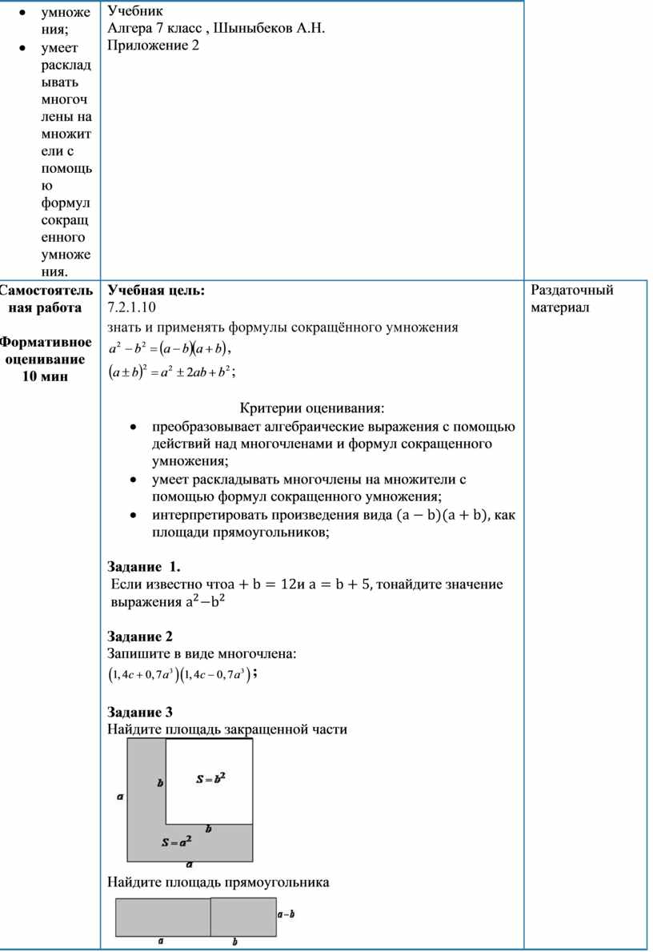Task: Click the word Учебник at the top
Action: (134, 11)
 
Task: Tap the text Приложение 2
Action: (153, 46)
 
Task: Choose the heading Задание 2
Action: (140, 637)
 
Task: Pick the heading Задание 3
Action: (140, 712)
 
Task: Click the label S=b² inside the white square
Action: (210, 778)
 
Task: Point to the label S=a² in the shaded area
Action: (176, 842)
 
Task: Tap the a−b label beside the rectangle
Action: (286, 913)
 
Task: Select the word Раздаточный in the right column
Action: (572, 290)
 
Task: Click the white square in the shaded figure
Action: (210, 781)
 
